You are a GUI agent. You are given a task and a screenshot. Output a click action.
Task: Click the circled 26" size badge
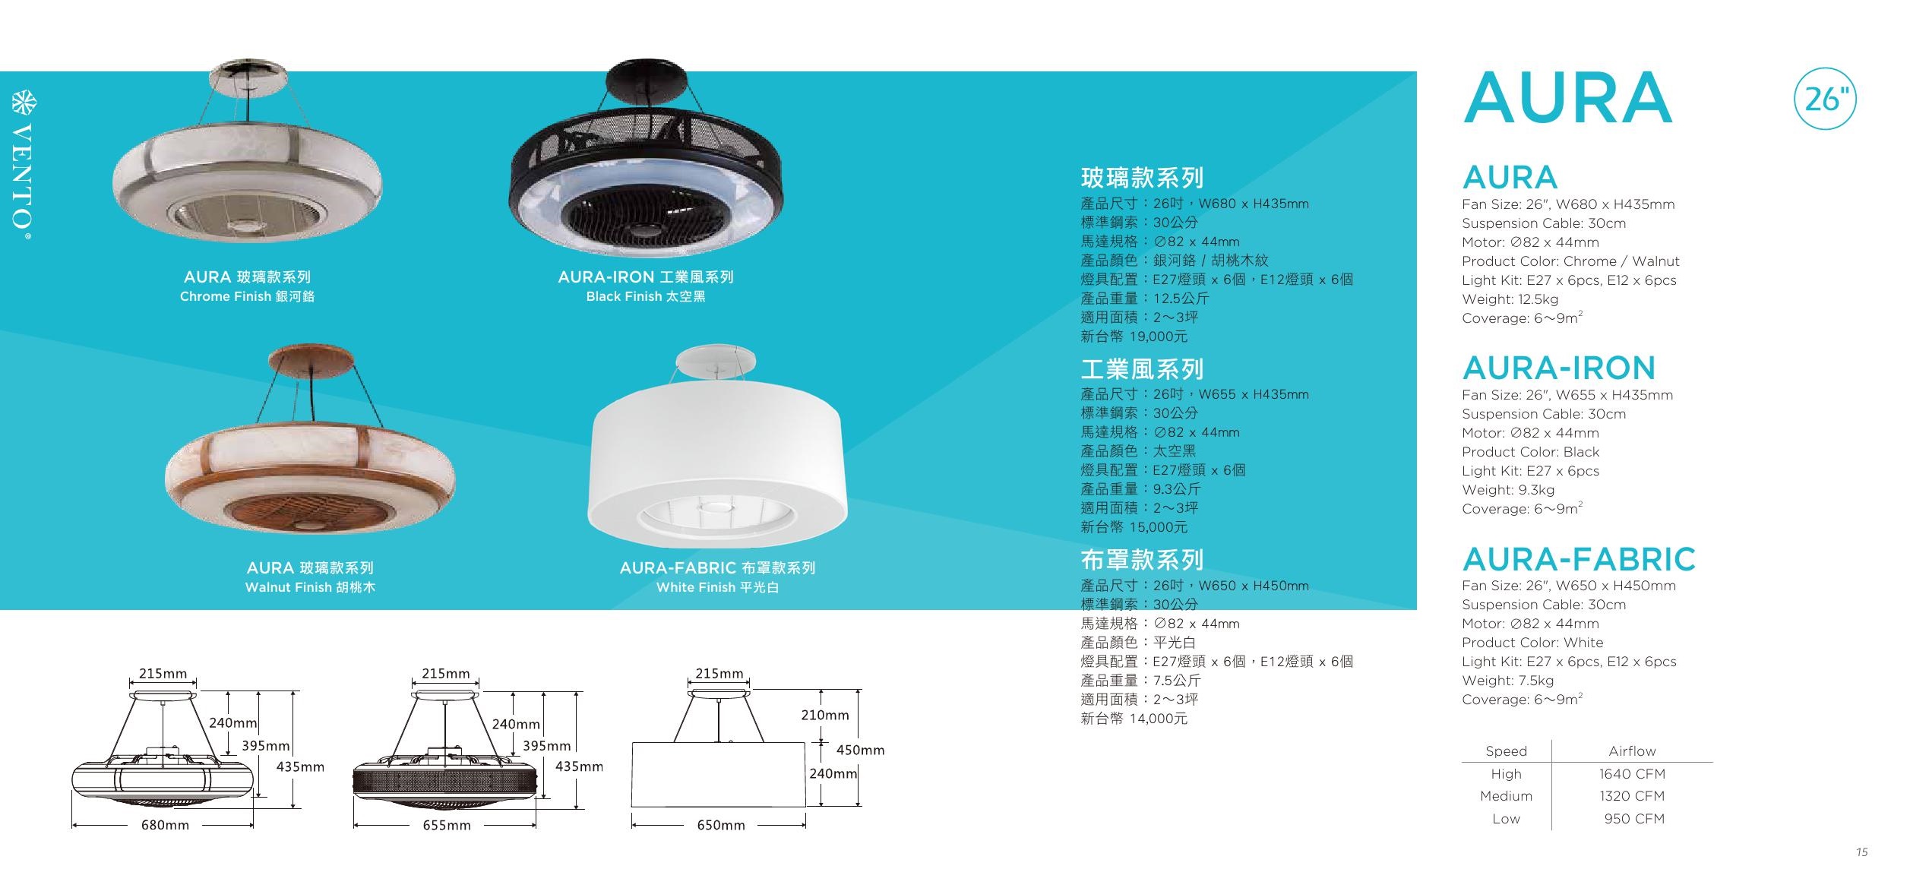click(x=1825, y=99)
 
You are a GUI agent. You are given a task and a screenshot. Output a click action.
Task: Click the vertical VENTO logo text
click(x=24, y=167)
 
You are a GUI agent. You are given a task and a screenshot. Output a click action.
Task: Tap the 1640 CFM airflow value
click(x=1632, y=773)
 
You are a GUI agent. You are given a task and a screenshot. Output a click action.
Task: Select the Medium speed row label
click(x=1506, y=795)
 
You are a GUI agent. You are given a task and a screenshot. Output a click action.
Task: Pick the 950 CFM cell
click(x=1634, y=818)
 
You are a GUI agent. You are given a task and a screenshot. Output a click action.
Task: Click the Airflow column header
click(x=1632, y=751)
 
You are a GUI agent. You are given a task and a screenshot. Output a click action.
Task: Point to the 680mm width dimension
click(x=165, y=824)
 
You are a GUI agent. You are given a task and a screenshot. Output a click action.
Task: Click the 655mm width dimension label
click(x=447, y=824)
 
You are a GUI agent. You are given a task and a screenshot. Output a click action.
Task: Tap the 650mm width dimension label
click(x=721, y=824)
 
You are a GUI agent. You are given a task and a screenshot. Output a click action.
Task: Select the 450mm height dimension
click(x=860, y=750)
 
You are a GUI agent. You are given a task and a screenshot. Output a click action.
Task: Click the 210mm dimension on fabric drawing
click(x=825, y=715)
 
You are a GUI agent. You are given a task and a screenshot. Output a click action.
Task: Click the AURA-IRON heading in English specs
click(x=1559, y=368)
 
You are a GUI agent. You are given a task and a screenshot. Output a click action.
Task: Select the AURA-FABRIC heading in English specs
click(x=1579, y=559)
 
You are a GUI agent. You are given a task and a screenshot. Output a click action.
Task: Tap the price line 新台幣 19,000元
click(x=1134, y=336)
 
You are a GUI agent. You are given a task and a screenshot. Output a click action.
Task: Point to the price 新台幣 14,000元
click(x=1134, y=718)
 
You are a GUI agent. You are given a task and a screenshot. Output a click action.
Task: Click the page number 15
click(x=1861, y=852)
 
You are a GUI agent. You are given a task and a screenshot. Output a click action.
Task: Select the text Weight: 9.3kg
click(x=1508, y=490)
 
